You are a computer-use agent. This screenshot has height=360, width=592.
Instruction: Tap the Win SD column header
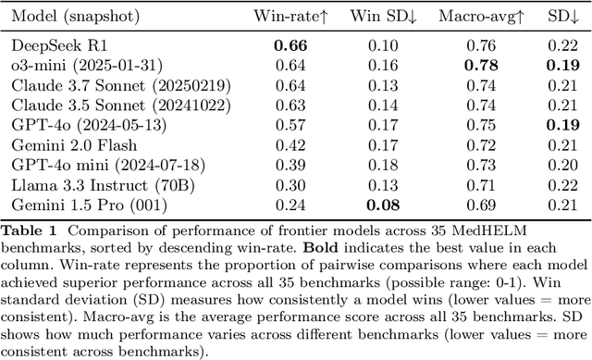tap(382, 17)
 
